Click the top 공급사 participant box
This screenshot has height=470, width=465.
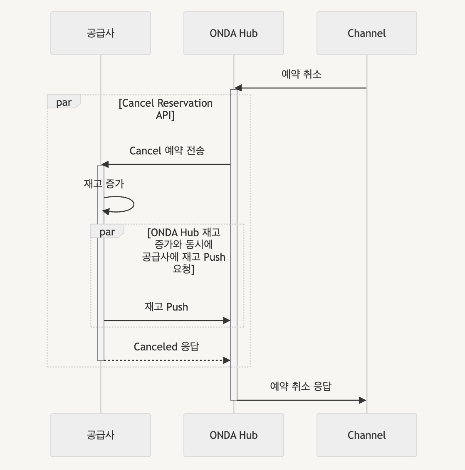coord(100,33)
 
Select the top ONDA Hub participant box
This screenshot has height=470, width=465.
coord(233,33)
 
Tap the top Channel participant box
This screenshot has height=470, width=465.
coord(366,33)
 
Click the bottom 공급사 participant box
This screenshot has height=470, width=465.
coord(100,435)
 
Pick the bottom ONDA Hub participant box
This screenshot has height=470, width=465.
coord(233,435)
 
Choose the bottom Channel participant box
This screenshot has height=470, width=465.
coord(366,435)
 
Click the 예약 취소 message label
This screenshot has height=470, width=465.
coord(301,74)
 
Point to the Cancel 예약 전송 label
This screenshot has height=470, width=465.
coord(167,151)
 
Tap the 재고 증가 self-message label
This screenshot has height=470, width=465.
coord(104,184)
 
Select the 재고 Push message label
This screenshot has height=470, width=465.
coord(166,307)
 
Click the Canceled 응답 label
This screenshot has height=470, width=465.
coord(166,347)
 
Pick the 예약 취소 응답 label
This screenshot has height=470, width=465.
coord(301,387)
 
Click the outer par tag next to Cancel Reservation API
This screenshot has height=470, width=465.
coord(64,102)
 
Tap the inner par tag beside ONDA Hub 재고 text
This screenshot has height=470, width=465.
coord(107,232)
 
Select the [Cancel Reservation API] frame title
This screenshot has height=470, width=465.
coord(166,109)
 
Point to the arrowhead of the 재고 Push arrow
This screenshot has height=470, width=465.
coord(227,321)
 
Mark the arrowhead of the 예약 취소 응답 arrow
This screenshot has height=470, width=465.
coord(362,400)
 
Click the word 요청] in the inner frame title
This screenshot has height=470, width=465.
coord(183,269)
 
